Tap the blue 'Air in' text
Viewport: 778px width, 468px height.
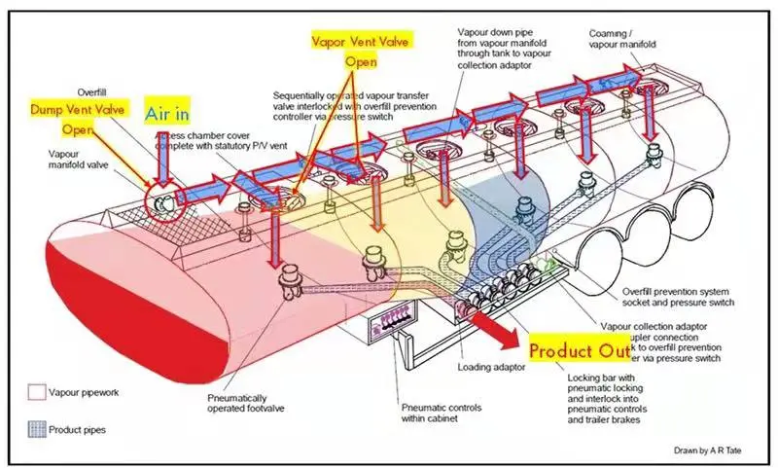point(167,113)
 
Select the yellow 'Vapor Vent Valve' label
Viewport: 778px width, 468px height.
point(362,42)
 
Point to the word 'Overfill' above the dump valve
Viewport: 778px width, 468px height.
point(93,92)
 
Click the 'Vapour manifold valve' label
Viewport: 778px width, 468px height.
point(77,159)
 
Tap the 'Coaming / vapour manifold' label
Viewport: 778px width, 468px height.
point(621,40)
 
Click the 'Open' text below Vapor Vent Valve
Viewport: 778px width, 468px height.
point(362,62)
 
